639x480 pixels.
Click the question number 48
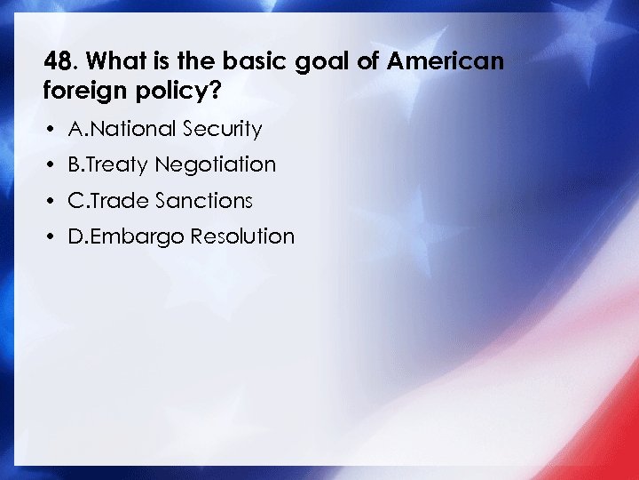(x=59, y=62)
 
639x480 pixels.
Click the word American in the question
(x=446, y=62)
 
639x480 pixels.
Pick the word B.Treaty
(x=108, y=165)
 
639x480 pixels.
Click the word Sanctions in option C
(x=204, y=201)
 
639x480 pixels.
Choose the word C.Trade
(x=108, y=201)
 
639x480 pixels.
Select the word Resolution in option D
(x=245, y=236)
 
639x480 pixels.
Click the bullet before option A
(x=53, y=130)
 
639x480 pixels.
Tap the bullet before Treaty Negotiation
(x=53, y=165)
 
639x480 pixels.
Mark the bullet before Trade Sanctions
(x=53, y=201)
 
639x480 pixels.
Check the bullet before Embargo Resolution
(x=53, y=236)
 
